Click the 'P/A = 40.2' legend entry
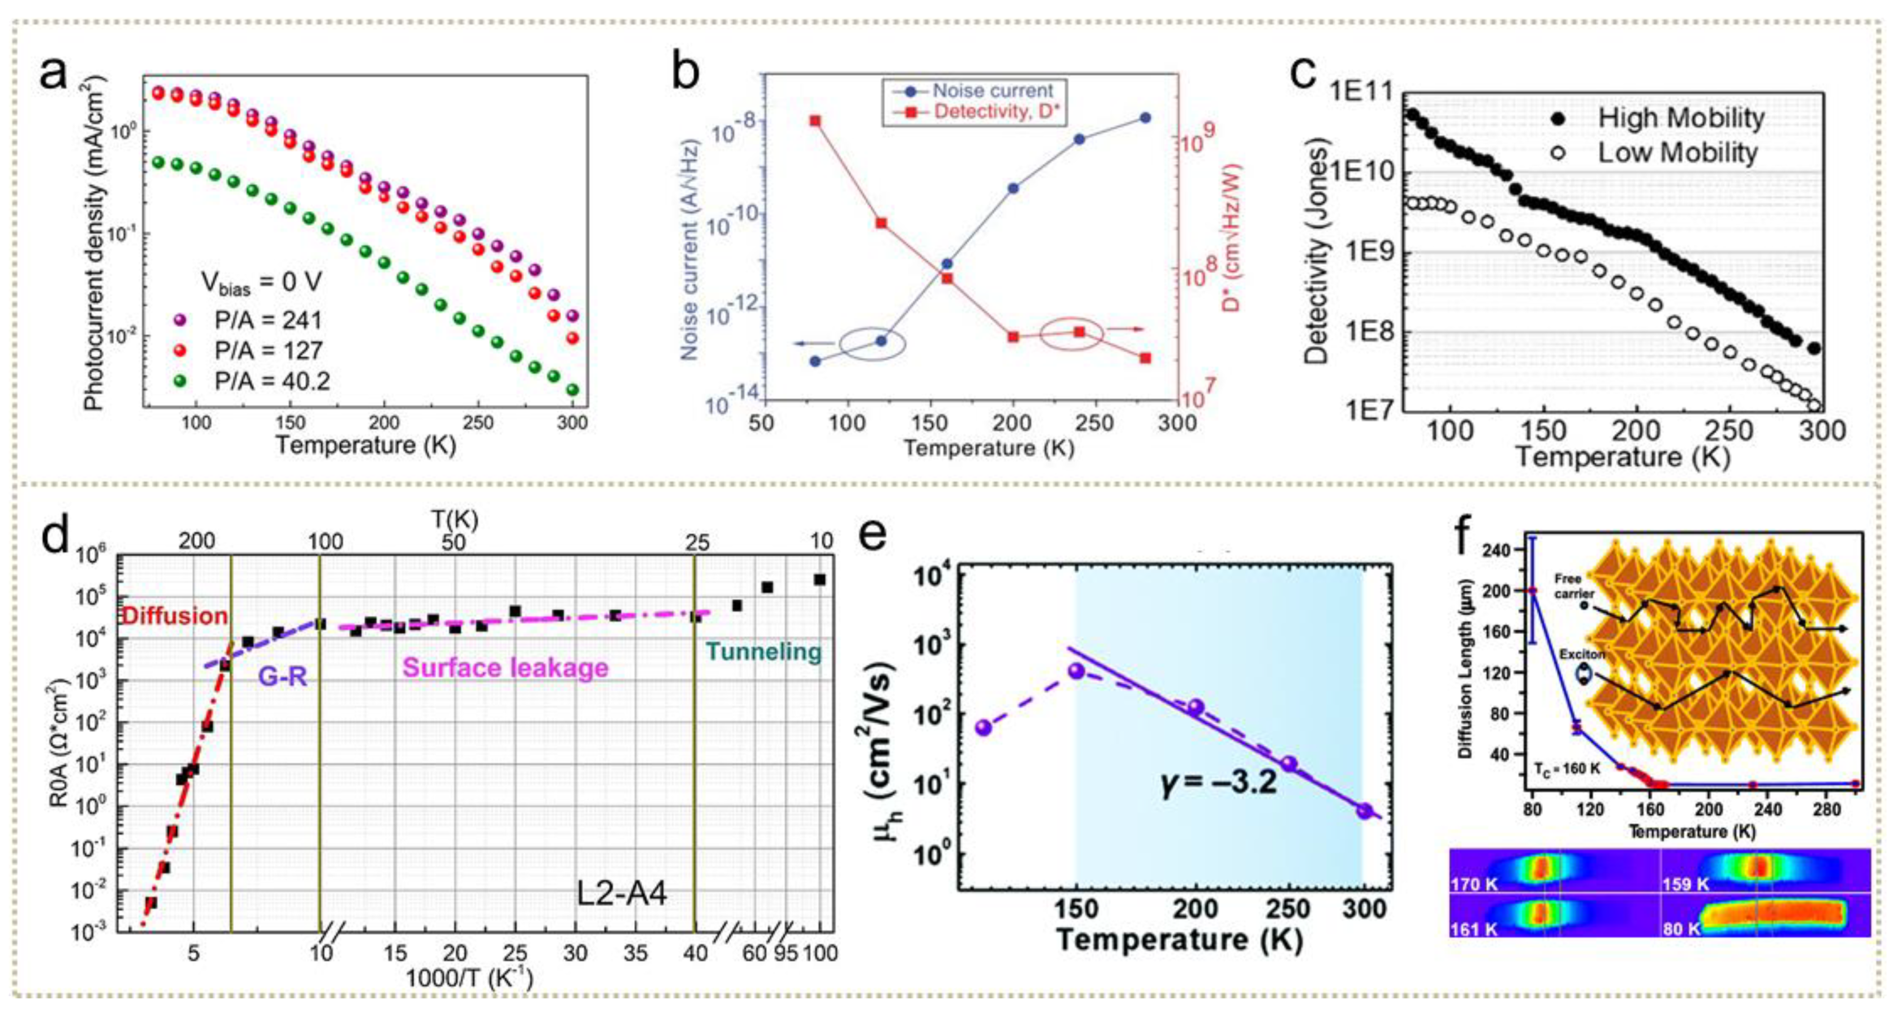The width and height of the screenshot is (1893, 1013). click(x=272, y=381)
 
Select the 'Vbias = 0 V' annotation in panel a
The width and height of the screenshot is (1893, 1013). click(x=261, y=283)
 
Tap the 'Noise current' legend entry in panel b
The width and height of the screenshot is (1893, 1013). click(x=992, y=91)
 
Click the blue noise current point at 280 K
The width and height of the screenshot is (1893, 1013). click(x=1145, y=118)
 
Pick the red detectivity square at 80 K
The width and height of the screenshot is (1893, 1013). click(x=815, y=120)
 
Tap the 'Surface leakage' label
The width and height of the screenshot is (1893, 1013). click(x=506, y=668)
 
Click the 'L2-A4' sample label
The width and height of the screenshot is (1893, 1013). click(x=621, y=894)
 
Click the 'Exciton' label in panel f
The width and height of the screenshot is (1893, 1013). click(x=1582, y=654)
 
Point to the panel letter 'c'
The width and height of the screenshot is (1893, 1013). click(x=1304, y=73)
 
